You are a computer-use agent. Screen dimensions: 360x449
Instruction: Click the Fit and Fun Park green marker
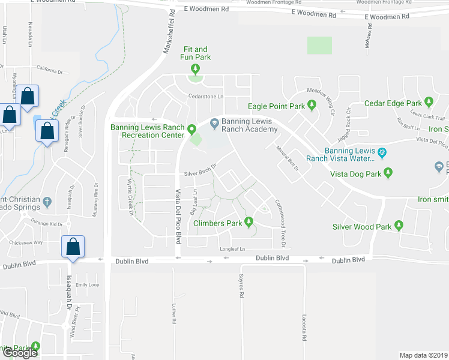193,70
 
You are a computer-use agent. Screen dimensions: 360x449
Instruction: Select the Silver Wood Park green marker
398,227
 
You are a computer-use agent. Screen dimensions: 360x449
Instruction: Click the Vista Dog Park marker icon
388,174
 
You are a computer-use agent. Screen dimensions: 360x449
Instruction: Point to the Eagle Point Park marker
312,106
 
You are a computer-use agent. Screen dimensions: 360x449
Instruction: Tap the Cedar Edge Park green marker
429,103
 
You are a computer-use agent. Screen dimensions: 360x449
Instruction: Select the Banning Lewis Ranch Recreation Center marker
192,129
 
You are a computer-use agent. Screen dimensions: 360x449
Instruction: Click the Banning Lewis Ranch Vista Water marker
382,152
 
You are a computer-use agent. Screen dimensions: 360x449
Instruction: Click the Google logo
19,352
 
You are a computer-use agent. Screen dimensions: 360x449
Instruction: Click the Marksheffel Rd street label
168,33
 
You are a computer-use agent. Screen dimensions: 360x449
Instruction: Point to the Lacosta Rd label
305,328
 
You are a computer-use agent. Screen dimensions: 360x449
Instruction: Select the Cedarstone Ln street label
206,96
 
